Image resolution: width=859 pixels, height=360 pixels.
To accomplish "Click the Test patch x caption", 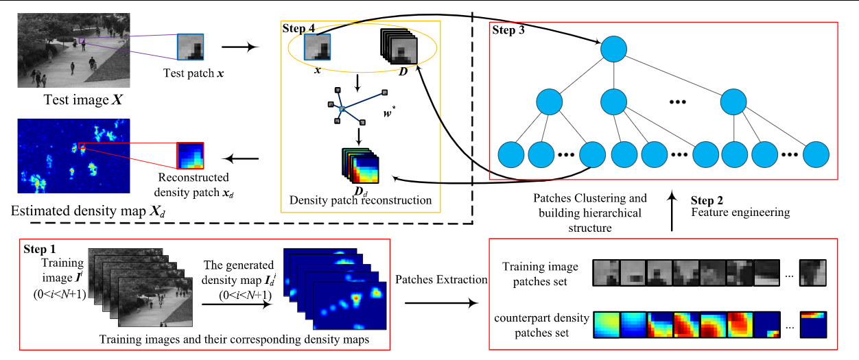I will point(193,72).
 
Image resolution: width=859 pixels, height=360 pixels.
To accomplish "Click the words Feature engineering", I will point(740,213).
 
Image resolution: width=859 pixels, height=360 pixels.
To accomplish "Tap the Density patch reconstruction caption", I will point(360,200).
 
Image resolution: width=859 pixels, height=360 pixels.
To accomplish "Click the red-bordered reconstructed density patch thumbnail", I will point(190,155).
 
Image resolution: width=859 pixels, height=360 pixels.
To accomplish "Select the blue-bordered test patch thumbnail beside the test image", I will point(191,47).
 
